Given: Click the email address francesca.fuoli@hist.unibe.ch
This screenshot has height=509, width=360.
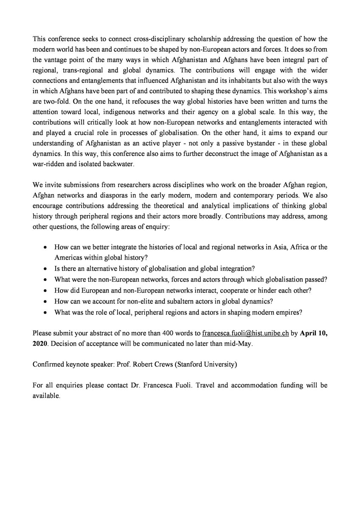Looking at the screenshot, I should (246, 333).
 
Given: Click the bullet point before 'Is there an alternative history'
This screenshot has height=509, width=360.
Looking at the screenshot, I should (46, 269).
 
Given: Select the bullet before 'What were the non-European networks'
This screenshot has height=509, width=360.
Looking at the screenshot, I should (46, 280).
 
